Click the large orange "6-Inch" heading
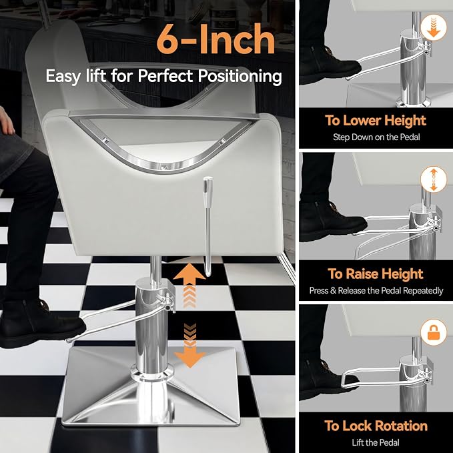coord(215,39)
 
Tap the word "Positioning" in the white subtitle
coord(240,77)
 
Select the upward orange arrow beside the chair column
coord(189,285)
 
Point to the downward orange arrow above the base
coord(190,345)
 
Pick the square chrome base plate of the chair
coord(151,386)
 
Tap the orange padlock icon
coord(434,333)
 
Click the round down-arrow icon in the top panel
coord(434,28)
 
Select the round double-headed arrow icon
coord(434,179)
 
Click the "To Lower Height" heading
coord(376,121)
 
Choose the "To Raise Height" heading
coord(376,274)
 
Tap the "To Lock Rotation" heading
coord(376,426)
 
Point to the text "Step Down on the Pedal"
coord(376,137)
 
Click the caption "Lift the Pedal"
coord(376,442)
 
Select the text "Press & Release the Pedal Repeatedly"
coord(376,290)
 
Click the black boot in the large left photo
coord(41,324)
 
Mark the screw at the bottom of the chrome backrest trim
coord(165,167)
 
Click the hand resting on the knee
coord(6,121)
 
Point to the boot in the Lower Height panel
coord(330,65)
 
